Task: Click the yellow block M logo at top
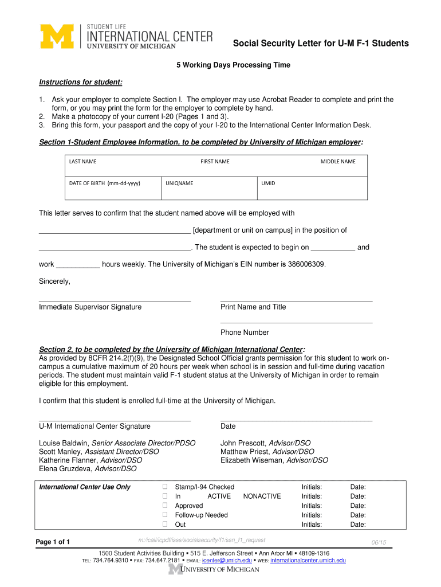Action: [x=57, y=36]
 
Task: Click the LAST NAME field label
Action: [x=82, y=162]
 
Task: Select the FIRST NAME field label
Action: [x=215, y=162]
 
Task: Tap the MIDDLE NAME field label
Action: [x=338, y=162]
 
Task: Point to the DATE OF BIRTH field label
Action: [x=105, y=183]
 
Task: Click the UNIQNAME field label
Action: [x=179, y=183]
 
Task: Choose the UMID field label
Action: [x=268, y=183]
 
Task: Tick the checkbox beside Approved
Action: [x=164, y=506]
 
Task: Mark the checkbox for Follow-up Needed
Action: [x=164, y=515]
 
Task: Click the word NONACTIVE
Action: [x=262, y=496]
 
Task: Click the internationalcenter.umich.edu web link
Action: [x=308, y=560]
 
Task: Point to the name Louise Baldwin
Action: [x=64, y=443]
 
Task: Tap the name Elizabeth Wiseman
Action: [x=252, y=460]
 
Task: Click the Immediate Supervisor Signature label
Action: [x=90, y=307]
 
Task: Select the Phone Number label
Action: [x=245, y=332]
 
